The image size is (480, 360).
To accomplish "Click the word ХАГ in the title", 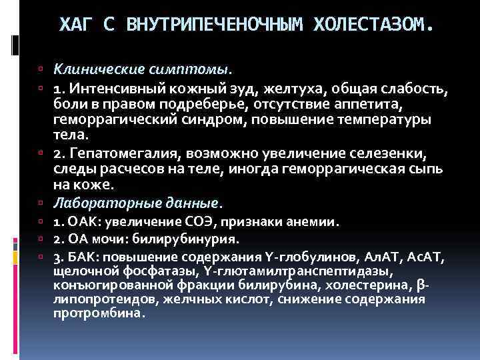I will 73,25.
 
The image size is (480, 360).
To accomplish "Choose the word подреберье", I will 173,104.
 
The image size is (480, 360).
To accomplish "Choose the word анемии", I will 316,221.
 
